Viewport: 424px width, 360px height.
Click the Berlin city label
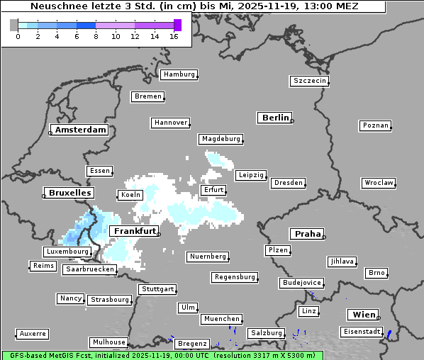point(275,118)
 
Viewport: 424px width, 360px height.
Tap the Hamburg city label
point(179,74)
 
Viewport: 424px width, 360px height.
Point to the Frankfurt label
point(134,232)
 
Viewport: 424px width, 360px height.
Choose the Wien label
point(362,315)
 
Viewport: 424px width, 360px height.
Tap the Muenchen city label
point(222,320)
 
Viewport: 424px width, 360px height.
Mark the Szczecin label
point(310,81)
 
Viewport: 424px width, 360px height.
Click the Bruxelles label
point(68,193)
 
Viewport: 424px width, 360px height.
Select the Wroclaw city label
point(379,183)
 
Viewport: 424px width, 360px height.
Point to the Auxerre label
point(33,333)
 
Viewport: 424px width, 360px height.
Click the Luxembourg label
point(67,252)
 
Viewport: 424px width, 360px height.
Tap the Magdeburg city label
point(221,139)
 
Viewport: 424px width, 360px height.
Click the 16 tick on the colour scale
point(174,36)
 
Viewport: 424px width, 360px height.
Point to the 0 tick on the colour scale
point(18,36)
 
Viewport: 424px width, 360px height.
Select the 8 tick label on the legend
point(96,36)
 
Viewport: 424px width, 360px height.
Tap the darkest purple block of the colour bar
point(177,25)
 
